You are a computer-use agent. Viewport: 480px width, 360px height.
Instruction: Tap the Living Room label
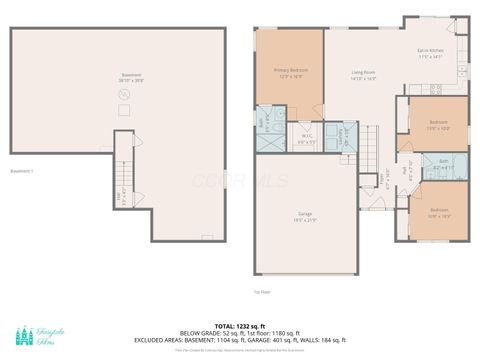pos(363,75)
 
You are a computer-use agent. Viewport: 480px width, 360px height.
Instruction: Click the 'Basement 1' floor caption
pos(22,171)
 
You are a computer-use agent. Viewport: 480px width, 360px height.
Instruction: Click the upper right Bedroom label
pos(439,125)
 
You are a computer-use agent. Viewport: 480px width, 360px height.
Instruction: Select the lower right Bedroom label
pos(439,212)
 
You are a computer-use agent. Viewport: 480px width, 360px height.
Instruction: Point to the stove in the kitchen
pos(462,71)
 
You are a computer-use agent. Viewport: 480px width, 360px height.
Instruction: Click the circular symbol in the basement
pos(124,94)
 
